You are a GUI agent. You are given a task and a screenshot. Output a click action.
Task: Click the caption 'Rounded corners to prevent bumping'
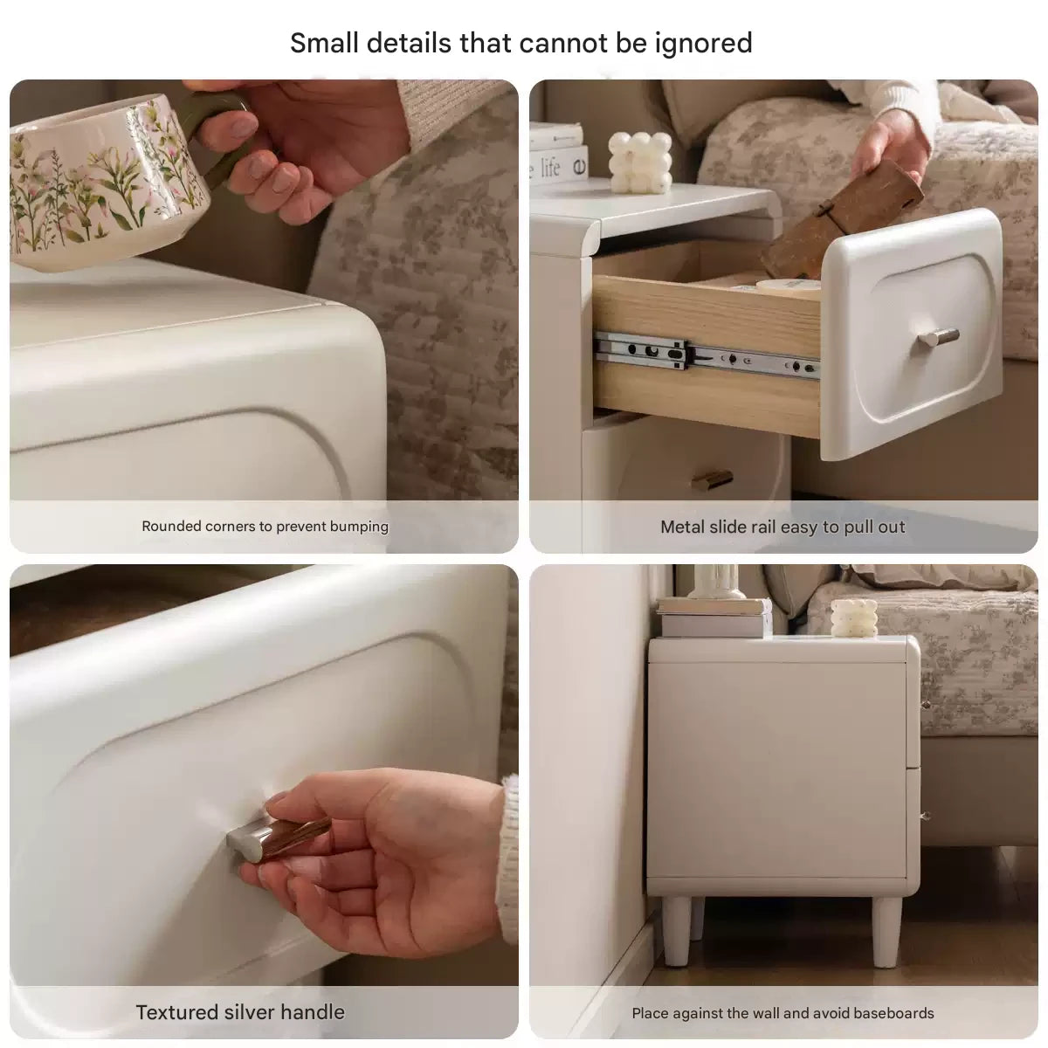tap(265, 527)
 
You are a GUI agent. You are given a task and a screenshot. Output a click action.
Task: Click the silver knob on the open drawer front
tap(938, 337)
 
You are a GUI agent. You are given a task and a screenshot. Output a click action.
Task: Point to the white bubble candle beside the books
tap(640, 162)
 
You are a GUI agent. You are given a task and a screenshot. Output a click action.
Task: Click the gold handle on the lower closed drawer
tap(712, 480)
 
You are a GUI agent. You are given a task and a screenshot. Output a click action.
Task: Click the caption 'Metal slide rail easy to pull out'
tap(783, 527)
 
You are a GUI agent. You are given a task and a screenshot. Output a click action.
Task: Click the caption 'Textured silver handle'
tap(240, 1012)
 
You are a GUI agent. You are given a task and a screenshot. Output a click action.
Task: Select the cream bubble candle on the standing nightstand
tap(854, 617)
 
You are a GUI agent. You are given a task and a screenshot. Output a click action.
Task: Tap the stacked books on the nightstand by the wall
tap(714, 617)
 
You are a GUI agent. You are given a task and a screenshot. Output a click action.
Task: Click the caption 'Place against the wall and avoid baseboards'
tap(783, 1013)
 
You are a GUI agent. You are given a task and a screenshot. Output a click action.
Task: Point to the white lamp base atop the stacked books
tap(716, 582)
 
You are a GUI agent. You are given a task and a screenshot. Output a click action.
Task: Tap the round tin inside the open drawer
tap(788, 287)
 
